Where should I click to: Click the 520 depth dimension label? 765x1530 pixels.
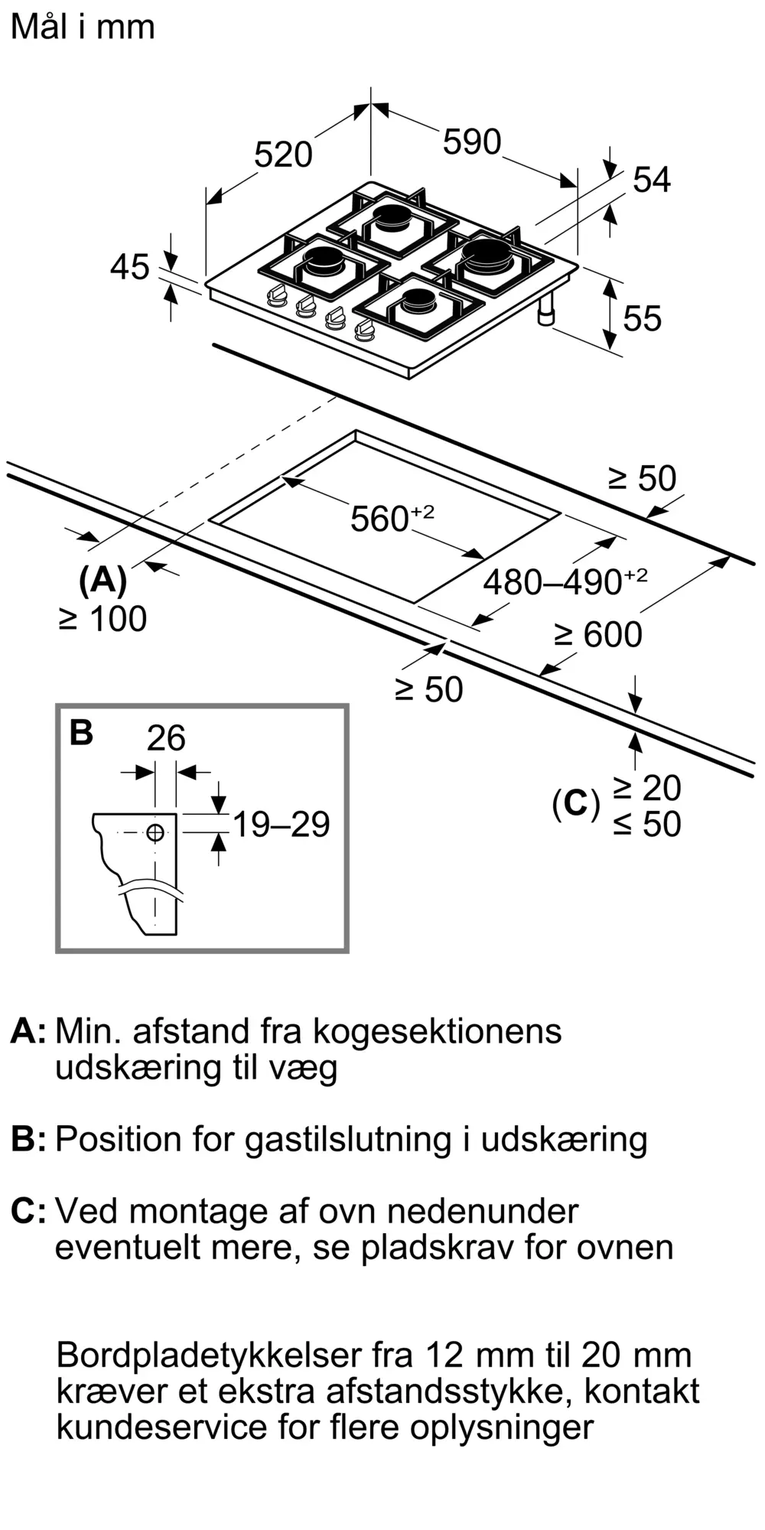coord(283,155)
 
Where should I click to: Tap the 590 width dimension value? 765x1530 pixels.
coord(472,142)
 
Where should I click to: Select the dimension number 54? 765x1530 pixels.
coord(652,180)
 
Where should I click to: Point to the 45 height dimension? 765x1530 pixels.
coord(130,267)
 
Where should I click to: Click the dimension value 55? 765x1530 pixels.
coord(642,318)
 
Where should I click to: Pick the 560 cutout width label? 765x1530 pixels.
coord(392,518)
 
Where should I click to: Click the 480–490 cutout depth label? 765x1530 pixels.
coord(565,581)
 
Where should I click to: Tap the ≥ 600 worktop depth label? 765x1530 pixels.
coord(598,635)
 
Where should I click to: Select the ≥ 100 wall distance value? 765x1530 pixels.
coord(103,619)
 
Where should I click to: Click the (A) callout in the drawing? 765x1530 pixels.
coord(103,581)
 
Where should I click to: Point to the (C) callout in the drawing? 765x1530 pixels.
coord(575,804)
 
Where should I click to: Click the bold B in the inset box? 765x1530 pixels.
coord(81,732)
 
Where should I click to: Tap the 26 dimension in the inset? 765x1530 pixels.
coord(166,738)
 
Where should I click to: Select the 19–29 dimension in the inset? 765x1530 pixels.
coord(281,824)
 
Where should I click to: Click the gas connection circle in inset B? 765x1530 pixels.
coord(155,832)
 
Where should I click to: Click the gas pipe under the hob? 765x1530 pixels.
coord(548,310)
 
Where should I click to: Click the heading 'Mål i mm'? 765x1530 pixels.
coord(83,27)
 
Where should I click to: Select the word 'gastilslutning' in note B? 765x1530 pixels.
coord(348,1139)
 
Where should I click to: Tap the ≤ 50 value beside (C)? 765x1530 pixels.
coord(647,824)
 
